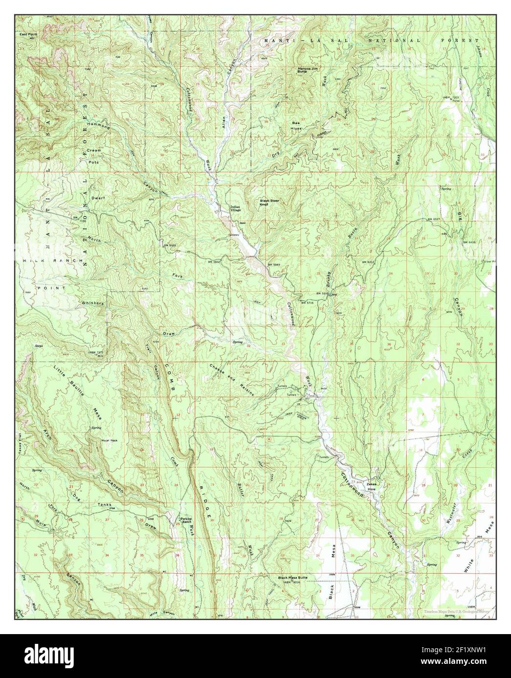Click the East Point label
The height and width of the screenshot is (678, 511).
pyautogui.click(x=29, y=34)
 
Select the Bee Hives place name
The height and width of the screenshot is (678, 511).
pyautogui.click(x=297, y=126)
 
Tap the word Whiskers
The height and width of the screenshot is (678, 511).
pyautogui.click(x=93, y=303)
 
